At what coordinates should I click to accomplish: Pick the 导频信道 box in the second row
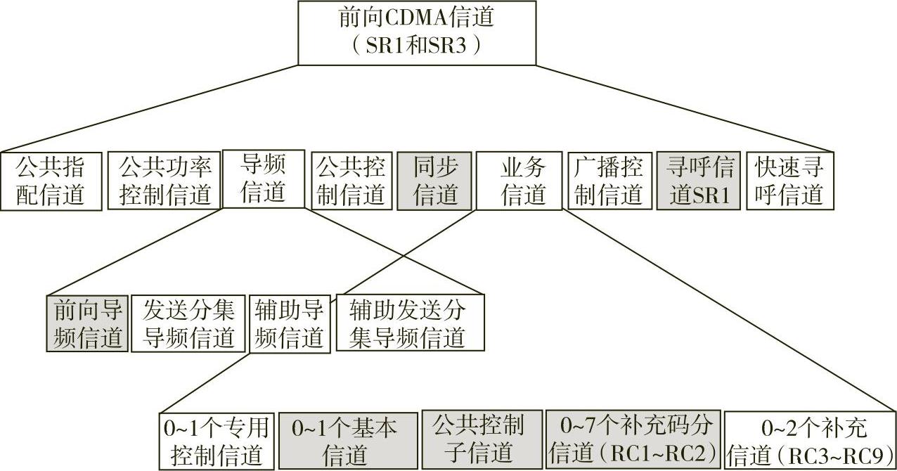click(x=263, y=179)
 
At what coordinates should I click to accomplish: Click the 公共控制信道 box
click(x=351, y=181)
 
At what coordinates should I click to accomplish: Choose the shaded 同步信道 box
click(x=434, y=181)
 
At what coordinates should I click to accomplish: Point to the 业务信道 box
click(x=520, y=181)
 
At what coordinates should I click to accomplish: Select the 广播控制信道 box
click(x=608, y=181)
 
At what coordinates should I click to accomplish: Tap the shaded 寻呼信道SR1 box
click(x=699, y=181)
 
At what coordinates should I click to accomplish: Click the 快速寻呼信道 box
click(x=789, y=181)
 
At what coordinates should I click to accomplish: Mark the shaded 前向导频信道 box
click(x=89, y=323)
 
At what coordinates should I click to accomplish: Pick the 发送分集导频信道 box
click(x=188, y=323)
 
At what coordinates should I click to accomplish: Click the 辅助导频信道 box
click(x=289, y=323)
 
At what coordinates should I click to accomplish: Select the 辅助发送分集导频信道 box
click(x=410, y=323)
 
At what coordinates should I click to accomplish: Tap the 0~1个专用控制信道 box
click(x=216, y=440)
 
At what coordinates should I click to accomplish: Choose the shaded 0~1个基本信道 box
click(x=344, y=440)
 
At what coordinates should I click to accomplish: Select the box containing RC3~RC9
click(x=808, y=440)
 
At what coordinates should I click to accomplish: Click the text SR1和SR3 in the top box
click(x=416, y=46)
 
